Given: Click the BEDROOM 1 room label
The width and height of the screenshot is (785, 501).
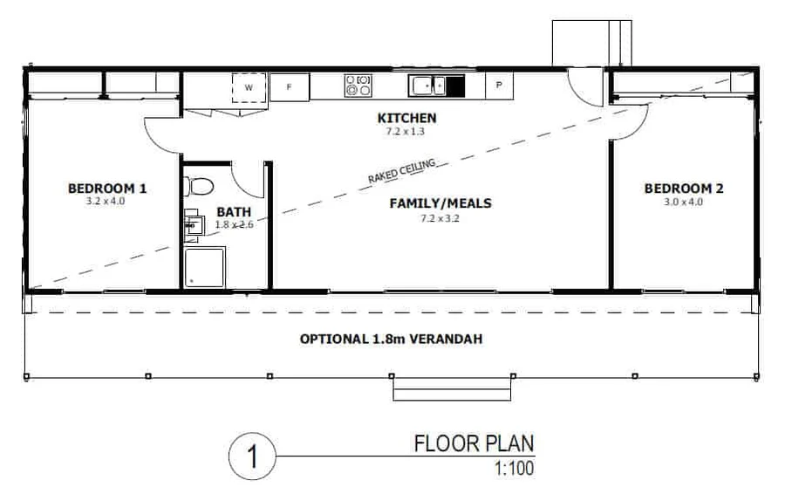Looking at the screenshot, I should click(107, 188).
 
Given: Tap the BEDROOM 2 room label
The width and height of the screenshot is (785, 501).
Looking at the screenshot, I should click(684, 188).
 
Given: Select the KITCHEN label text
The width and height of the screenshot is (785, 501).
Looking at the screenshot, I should click(406, 118).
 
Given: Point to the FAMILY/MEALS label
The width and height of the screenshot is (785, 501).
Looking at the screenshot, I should click(440, 203).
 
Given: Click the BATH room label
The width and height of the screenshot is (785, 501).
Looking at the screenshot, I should click(233, 211).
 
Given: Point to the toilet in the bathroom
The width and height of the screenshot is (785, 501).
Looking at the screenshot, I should click(200, 187).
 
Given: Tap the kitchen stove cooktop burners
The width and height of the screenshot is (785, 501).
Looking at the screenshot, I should click(358, 86).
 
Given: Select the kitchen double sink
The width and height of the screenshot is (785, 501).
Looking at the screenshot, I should click(427, 86).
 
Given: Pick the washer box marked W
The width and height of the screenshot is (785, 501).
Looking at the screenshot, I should click(249, 88).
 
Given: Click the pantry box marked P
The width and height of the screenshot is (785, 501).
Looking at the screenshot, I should click(499, 86).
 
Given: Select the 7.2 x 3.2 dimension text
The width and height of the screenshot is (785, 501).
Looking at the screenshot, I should click(440, 218).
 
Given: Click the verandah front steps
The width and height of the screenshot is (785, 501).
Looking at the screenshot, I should click(451, 388).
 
